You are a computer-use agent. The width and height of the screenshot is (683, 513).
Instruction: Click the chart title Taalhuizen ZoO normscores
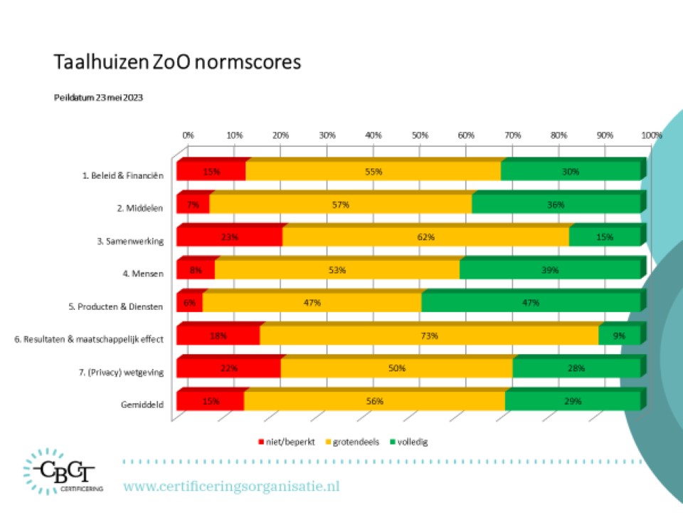(x=177, y=62)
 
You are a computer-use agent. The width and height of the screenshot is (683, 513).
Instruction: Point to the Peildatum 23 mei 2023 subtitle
(x=98, y=98)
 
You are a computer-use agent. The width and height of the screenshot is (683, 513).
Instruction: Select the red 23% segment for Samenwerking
(x=229, y=237)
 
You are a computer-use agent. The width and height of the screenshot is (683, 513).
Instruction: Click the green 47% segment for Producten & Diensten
(x=530, y=303)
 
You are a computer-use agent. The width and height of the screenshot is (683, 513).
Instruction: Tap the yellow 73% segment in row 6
(x=429, y=336)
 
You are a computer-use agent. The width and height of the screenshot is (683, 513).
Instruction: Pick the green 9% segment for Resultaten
(x=619, y=336)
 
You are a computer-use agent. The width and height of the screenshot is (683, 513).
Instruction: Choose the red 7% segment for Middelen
(x=193, y=204)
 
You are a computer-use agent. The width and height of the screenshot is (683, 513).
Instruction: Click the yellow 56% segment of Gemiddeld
(x=374, y=401)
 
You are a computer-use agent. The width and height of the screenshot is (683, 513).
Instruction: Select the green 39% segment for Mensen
(x=549, y=270)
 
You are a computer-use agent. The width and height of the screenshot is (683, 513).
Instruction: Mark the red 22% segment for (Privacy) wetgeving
(x=228, y=368)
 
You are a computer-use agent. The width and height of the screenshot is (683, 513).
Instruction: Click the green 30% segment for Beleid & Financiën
(x=571, y=172)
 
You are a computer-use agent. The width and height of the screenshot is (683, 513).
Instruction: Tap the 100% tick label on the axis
(x=651, y=135)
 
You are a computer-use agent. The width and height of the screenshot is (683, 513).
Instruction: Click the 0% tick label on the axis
(x=188, y=135)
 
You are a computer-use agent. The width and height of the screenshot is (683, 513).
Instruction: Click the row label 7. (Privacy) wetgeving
(x=122, y=371)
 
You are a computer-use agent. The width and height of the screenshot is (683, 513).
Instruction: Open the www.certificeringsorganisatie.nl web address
(x=232, y=487)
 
